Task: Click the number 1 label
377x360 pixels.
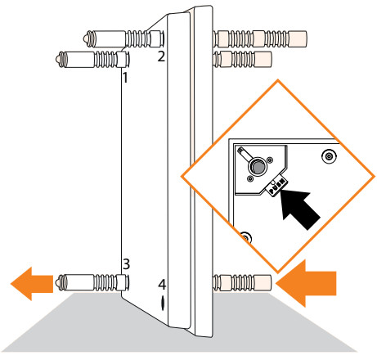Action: (x=126, y=78)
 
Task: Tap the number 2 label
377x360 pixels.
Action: (x=161, y=56)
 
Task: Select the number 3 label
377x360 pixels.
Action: (x=126, y=263)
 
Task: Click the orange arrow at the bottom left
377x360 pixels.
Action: (x=30, y=283)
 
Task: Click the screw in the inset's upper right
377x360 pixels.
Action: (x=328, y=155)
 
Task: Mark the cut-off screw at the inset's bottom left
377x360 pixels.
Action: (x=243, y=238)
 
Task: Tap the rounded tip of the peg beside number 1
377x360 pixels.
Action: (x=59, y=60)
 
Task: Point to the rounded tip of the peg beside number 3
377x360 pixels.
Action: (x=59, y=283)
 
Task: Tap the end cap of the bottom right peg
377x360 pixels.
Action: (x=264, y=283)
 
